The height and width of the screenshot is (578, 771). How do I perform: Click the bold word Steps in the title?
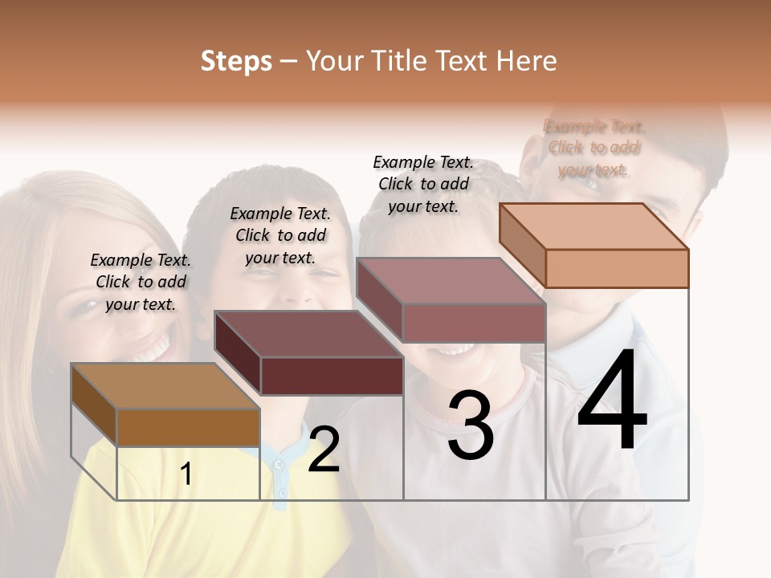(x=236, y=61)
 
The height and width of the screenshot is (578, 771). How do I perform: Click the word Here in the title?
(x=527, y=61)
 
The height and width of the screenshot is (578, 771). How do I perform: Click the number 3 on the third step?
(x=470, y=425)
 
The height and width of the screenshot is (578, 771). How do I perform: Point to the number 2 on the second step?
(x=324, y=450)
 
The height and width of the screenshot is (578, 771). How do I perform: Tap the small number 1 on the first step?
(x=186, y=474)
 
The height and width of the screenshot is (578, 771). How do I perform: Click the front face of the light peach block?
(x=617, y=268)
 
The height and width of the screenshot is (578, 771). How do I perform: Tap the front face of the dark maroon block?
(x=332, y=376)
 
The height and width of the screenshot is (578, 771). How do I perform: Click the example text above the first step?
(x=141, y=282)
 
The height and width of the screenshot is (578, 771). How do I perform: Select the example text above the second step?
(x=280, y=235)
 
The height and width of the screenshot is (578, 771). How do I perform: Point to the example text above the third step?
(x=423, y=184)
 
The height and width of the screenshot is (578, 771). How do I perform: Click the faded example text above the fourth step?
(x=594, y=148)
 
